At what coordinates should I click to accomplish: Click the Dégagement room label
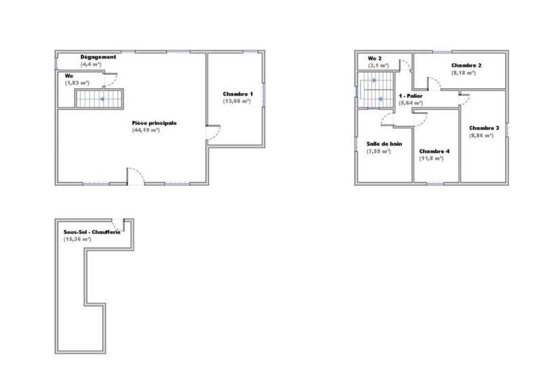pyautogui.click(x=99, y=57)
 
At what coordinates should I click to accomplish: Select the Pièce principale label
pyautogui.click(x=155, y=123)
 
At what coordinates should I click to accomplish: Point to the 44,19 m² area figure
pyautogui.click(x=146, y=130)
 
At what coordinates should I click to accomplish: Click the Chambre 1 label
pyautogui.click(x=238, y=94)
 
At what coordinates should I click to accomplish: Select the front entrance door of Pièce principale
pyautogui.click(x=136, y=176)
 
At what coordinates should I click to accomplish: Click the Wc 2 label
pyautogui.click(x=375, y=59)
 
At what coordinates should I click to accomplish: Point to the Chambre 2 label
pyautogui.click(x=466, y=65)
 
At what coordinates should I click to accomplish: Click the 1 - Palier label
pyautogui.click(x=411, y=97)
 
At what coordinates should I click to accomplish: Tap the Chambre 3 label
pyautogui.click(x=484, y=128)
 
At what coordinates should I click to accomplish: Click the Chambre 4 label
pyautogui.click(x=434, y=151)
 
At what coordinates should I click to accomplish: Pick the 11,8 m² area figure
pyautogui.click(x=432, y=158)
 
